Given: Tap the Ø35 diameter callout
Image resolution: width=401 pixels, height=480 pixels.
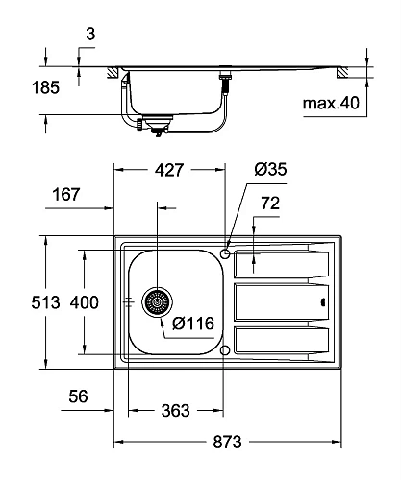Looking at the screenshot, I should tap(270, 169).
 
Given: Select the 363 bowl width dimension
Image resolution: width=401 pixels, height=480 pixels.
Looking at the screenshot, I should tap(174, 410).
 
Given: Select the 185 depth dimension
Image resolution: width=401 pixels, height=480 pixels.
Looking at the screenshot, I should tap(44, 86).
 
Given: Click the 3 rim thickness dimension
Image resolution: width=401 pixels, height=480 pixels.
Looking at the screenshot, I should tap(89, 34).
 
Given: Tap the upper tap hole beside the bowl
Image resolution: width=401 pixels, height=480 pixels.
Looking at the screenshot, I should tap(224, 253).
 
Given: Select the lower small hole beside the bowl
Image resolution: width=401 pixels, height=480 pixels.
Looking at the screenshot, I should tap(224, 350).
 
